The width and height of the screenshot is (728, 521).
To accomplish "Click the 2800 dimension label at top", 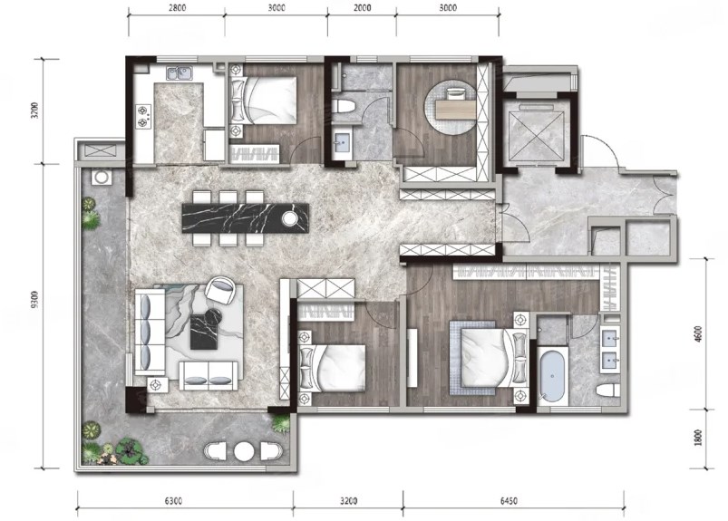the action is [177, 8].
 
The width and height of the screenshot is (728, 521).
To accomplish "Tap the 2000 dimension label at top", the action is [362, 8].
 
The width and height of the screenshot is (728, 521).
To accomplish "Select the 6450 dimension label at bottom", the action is [509, 500].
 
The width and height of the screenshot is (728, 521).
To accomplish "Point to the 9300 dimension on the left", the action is [34, 299].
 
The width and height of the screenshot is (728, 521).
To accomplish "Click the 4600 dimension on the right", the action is [699, 334].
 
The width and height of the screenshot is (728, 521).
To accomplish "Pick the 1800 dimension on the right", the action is [699, 438].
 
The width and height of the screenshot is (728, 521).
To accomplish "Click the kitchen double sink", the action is [180, 73].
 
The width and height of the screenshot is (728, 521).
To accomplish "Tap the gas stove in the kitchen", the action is [143, 117].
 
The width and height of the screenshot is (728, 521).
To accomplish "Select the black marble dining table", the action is [246, 217].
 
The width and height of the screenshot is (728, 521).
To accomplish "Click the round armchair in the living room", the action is [220, 290].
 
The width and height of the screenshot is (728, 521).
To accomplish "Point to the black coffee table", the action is [204, 332].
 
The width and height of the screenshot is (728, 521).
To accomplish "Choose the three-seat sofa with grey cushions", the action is [150, 332].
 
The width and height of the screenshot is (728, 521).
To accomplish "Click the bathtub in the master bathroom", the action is [552, 376].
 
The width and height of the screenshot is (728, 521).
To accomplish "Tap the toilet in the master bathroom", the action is [608, 390].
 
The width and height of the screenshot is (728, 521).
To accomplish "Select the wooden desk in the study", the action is [455, 109].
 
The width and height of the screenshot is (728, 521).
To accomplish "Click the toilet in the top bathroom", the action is [344, 106].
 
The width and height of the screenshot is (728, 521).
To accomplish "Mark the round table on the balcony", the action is [243, 451].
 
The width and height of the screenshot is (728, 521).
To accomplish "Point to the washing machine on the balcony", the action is [101, 178].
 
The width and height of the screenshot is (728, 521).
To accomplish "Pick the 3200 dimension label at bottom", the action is [348, 500].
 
